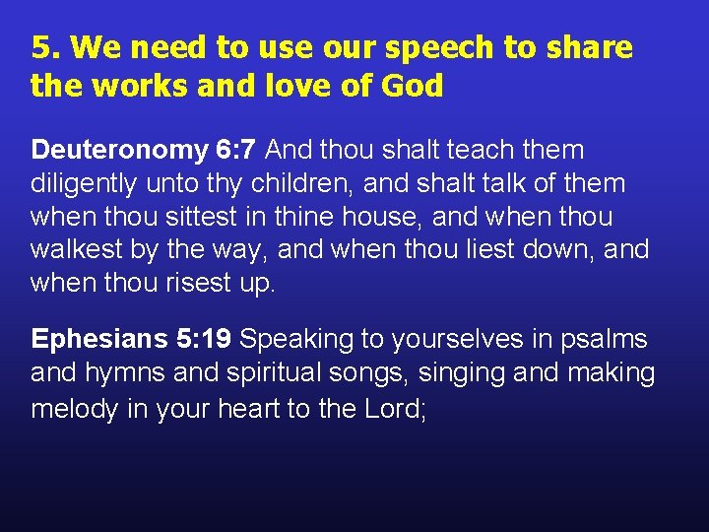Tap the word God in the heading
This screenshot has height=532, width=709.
click(412, 87)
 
